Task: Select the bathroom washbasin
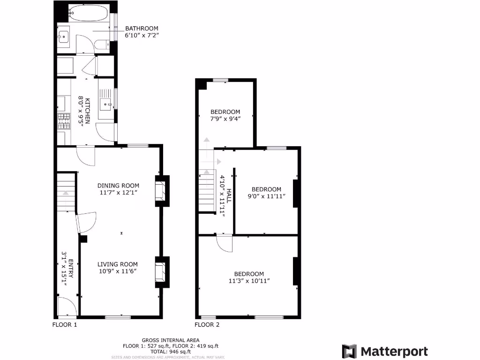pyautogui.click(x=63, y=36)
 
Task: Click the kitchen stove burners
pyautogui.click(x=63, y=122)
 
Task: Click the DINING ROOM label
pyautogui.click(x=118, y=186)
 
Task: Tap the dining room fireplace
pyautogui.click(x=160, y=190)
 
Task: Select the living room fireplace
pyautogui.click(x=160, y=272)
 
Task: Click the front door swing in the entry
pyautogui.click(x=66, y=307)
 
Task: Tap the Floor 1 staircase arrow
pyautogui.click(x=66, y=192)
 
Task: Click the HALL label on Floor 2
pyautogui.click(x=229, y=196)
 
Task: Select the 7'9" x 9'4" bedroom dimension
pyautogui.click(x=225, y=119)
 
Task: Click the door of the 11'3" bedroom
pyautogui.click(x=225, y=243)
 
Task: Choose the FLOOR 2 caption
pyautogui.click(x=207, y=324)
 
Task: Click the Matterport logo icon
pyautogui.click(x=349, y=351)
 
